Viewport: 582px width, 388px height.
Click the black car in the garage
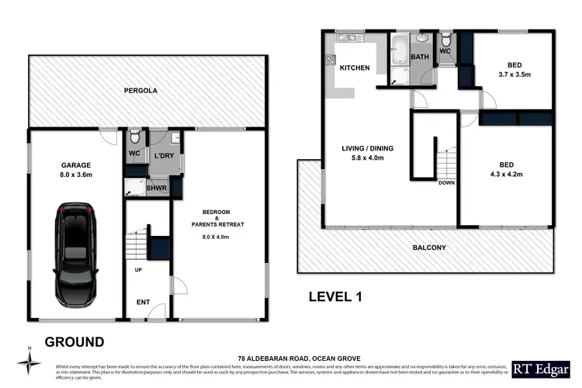[x=75, y=255]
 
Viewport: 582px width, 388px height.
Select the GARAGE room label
[x=76, y=165]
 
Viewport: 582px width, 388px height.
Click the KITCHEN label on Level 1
[x=355, y=68]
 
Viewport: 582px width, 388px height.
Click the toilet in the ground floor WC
[x=136, y=133]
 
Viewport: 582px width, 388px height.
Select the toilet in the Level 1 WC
[x=446, y=40]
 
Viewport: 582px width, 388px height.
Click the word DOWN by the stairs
[x=446, y=183]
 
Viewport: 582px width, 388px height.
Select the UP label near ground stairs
[x=139, y=270]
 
